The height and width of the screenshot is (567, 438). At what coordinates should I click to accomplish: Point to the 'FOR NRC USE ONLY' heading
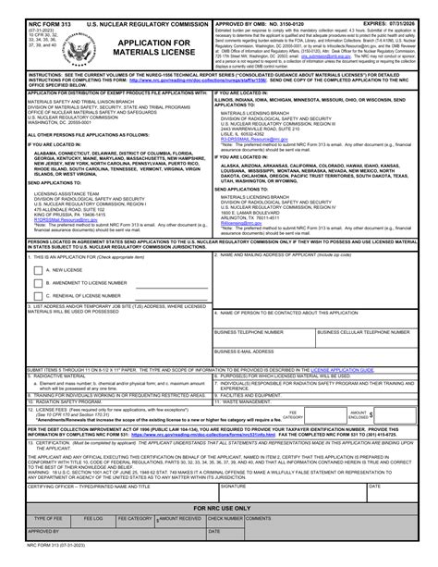219,509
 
